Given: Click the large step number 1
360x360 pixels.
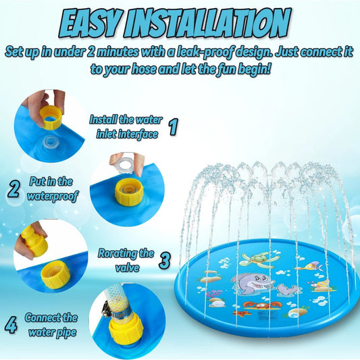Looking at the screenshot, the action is pos(173,126).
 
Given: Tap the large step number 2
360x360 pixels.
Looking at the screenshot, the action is pos(14,188).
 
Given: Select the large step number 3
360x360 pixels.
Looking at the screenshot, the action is pos(165,261).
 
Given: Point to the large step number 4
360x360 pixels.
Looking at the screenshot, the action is pos(11,325).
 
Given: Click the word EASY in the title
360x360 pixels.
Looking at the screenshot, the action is pos(90,23).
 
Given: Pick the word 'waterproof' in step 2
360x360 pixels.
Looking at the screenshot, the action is pos(53,197).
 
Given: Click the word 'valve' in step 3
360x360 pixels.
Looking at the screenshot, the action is pos(127,267).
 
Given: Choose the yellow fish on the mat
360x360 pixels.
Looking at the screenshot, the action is pos(311,267).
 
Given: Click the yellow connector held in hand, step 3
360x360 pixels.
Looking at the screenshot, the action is pos(35,242).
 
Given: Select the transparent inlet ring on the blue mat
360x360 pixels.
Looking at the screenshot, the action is pos(51,143).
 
